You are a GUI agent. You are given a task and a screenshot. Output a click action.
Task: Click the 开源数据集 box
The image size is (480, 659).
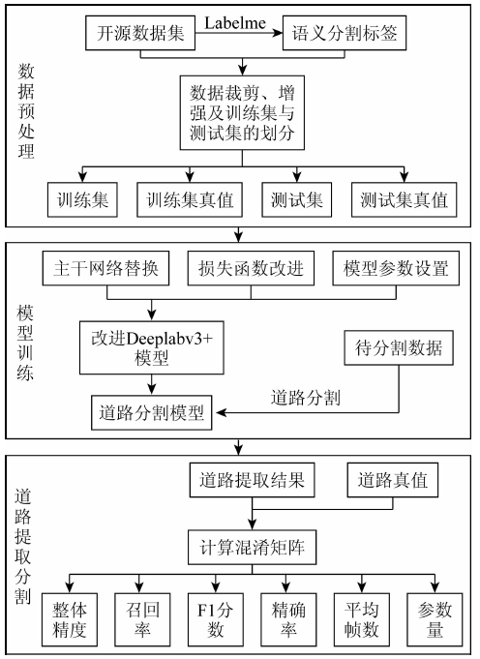(140, 33)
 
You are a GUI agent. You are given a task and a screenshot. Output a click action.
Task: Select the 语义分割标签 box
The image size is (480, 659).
(345, 33)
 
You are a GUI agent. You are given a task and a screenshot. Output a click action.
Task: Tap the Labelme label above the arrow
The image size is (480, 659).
(235, 22)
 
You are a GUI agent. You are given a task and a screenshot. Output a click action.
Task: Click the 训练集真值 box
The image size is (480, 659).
(190, 199)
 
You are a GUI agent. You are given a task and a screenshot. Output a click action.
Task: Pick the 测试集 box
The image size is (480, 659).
(297, 199)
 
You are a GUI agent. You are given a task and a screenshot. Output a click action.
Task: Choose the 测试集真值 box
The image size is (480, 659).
(404, 199)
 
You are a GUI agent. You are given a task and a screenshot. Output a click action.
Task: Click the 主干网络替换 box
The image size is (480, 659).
(105, 268)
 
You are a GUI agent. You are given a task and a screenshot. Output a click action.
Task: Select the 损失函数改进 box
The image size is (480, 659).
(251, 268)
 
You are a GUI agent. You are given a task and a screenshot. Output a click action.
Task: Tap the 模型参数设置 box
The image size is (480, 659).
(396, 268)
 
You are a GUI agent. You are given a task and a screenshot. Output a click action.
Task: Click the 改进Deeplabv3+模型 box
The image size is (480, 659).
(152, 347)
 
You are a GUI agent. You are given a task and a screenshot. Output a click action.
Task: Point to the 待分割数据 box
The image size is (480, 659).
(399, 347)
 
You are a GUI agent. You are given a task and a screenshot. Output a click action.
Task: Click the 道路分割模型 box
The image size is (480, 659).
(152, 412)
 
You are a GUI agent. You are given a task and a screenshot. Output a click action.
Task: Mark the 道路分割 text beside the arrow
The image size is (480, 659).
(306, 397)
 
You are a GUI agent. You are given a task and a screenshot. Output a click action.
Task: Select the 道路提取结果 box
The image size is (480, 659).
(252, 480)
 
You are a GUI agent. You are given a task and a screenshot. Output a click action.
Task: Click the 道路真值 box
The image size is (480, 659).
(393, 480)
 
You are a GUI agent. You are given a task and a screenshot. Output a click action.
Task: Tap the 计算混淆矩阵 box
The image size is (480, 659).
(252, 547)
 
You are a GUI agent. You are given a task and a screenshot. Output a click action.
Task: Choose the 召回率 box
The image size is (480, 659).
(142, 619)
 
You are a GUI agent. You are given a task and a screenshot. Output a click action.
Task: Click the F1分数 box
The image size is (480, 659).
(215, 619)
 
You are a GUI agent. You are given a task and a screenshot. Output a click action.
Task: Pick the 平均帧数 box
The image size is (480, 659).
(362, 619)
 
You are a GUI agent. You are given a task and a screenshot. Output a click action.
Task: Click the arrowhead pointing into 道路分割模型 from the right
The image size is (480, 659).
(221, 412)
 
